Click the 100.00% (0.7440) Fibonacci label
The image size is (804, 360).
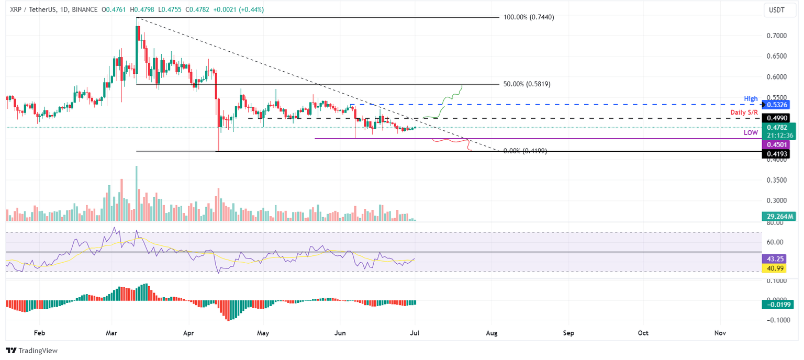click(528, 17)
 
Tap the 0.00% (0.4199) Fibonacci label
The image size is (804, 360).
click(525, 151)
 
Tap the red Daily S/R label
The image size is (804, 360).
click(743, 113)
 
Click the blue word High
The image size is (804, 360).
click(751, 98)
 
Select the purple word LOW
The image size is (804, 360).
click(751, 133)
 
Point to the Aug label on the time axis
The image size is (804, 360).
click(492, 332)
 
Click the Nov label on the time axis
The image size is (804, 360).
click(720, 332)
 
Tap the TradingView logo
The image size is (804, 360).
click(32, 351)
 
